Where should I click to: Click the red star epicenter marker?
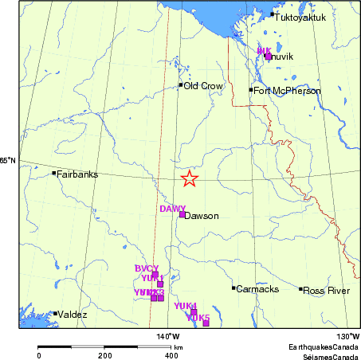coord(189,178)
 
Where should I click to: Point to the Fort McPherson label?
coord(288,91)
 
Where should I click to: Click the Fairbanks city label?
coord(77,174)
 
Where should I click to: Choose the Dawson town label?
coord(201,215)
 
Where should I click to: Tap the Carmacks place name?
coord(257,288)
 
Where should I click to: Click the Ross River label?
coord(327,291)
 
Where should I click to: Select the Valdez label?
coord(73,315)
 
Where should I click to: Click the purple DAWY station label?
coord(172,209)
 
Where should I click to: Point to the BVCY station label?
coord(147,268)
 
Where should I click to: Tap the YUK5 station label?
coord(198,318)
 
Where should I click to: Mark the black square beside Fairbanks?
coord(54,173)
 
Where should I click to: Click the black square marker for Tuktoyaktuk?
coord(273,14)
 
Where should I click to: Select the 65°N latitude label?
coord(8,161)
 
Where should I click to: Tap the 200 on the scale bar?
coord(104,355)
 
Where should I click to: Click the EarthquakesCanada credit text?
coord(324,347)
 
